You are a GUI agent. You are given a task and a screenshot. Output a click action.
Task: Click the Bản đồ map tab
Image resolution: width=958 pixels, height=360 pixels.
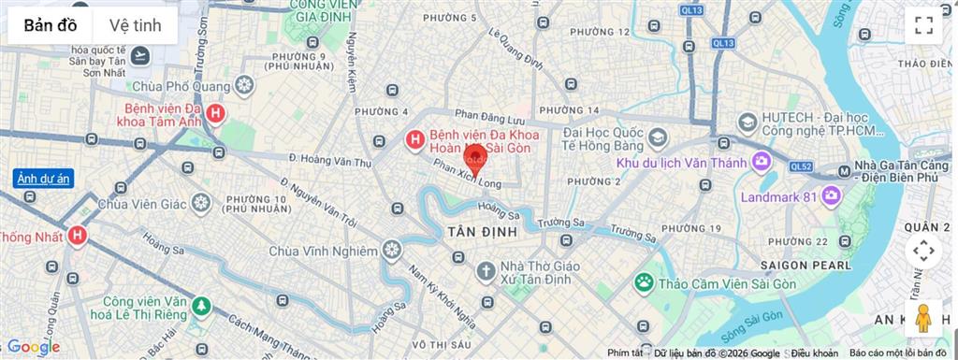[x=51, y=25]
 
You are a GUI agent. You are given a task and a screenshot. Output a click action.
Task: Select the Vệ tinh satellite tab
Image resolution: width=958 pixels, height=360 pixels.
[x=135, y=25]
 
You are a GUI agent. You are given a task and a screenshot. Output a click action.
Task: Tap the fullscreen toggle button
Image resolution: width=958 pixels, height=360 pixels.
[x=923, y=25]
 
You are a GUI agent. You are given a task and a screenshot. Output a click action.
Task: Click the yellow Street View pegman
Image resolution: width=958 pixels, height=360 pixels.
[x=923, y=318]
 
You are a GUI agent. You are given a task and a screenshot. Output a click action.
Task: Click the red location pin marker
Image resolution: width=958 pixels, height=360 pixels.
[x=475, y=159]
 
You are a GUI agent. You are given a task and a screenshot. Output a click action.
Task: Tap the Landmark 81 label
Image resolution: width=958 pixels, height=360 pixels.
[x=778, y=197]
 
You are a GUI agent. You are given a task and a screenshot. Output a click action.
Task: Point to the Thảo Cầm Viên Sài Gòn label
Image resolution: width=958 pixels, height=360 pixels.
[x=718, y=282]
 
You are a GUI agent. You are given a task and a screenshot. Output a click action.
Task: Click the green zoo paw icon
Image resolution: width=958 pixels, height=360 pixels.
[x=644, y=281]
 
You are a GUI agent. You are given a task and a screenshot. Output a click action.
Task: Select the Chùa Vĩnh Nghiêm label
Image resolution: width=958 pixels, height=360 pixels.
[x=323, y=251]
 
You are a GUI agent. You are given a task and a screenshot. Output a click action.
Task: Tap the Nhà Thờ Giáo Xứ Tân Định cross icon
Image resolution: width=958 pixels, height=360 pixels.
[x=485, y=271]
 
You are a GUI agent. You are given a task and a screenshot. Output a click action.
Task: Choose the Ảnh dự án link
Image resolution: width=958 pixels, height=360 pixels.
[x=43, y=180]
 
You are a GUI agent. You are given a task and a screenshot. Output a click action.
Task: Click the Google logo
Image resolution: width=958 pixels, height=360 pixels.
[x=34, y=347]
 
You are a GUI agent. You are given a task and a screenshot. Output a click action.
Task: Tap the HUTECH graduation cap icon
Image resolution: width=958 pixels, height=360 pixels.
[x=748, y=123]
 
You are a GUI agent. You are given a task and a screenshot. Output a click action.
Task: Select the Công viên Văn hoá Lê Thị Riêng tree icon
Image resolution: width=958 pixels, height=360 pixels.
[x=200, y=306]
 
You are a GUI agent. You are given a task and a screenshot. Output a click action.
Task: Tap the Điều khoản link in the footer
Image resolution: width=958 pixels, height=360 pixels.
[x=814, y=353]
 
